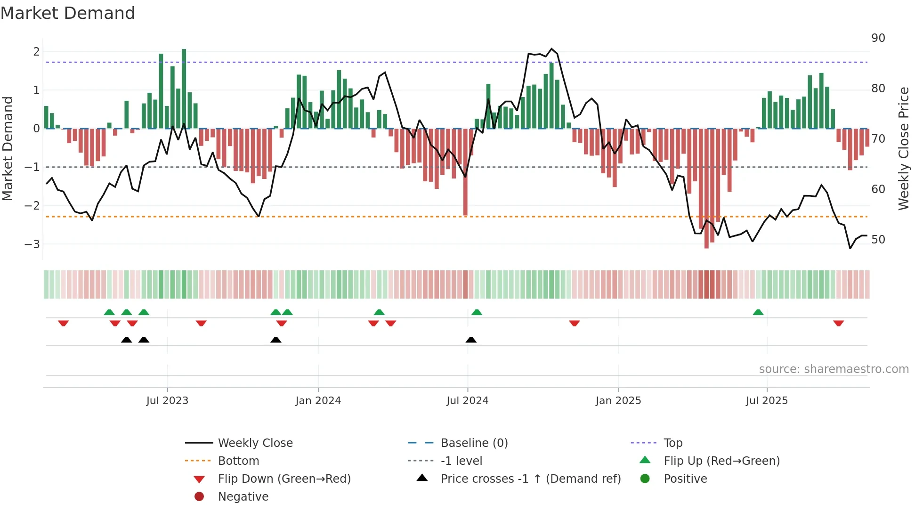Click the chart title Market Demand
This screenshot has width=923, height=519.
click(68, 13)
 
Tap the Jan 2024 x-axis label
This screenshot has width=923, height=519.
click(318, 401)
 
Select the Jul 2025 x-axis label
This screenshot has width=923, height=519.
click(767, 401)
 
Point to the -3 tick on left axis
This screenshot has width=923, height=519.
click(32, 244)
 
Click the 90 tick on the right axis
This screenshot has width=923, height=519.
click(878, 38)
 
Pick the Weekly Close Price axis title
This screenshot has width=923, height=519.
click(904, 148)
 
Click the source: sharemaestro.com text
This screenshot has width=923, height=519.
click(834, 369)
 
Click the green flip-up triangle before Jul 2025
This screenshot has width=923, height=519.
click(758, 312)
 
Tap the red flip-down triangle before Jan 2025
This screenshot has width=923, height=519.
click(574, 323)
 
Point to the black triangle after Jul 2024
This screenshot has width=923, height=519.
click(471, 340)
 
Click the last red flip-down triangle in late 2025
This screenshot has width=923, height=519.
click(838, 323)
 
